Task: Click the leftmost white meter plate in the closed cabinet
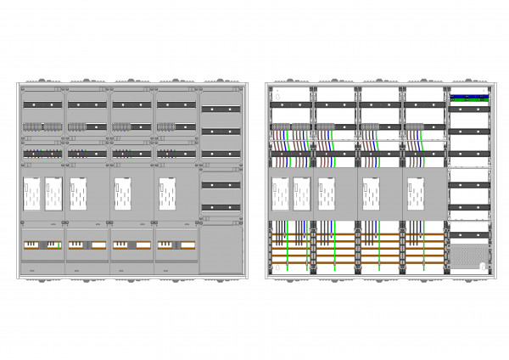(x=32, y=194)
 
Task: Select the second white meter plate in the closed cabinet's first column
(x=53, y=194)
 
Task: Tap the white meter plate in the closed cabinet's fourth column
(x=165, y=194)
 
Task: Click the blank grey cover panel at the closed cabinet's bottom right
(x=219, y=248)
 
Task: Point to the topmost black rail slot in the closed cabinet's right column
(x=219, y=109)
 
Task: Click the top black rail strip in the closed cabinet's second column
(x=87, y=104)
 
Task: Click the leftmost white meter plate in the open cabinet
(x=279, y=194)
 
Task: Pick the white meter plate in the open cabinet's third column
(x=370, y=194)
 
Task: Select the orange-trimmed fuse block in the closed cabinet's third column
(x=131, y=245)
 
